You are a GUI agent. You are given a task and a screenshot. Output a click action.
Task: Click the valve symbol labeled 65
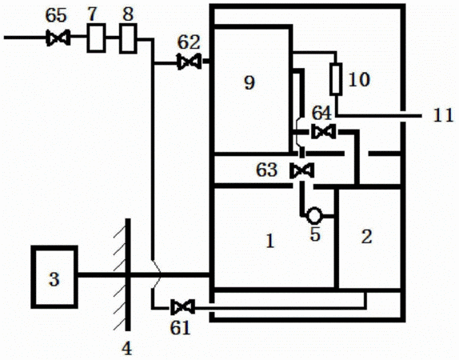(x=58, y=38)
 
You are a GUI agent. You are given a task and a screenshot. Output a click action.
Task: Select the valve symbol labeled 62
(x=190, y=62)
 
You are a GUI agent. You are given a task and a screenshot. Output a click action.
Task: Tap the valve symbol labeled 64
(x=324, y=131)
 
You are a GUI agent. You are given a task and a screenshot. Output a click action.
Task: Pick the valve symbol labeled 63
(x=301, y=170)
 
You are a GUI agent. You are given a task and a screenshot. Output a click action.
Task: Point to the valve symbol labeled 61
(x=182, y=307)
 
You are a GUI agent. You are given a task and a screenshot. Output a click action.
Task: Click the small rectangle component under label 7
(x=96, y=38)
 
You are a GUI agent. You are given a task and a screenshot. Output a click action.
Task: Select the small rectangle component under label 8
(x=128, y=38)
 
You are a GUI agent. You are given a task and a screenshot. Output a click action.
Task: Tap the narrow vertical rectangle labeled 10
(x=336, y=79)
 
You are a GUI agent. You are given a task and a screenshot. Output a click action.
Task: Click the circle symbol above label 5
(x=314, y=215)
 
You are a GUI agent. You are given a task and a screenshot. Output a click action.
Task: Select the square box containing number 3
(x=54, y=277)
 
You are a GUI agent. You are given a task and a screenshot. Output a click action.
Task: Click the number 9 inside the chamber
(x=249, y=82)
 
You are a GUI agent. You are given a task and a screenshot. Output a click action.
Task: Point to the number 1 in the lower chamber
(x=270, y=241)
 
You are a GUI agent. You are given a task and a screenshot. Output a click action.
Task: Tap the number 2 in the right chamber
(x=366, y=237)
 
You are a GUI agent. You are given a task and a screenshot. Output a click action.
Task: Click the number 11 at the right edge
(x=443, y=115)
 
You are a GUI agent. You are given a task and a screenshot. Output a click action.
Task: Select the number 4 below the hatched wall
(x=126, y=348)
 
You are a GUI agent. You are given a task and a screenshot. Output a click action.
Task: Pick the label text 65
(x=56, y=15)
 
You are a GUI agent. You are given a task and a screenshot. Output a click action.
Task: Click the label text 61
(x=181, y=327)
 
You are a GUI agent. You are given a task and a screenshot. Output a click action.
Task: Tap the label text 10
(x=359, y=79)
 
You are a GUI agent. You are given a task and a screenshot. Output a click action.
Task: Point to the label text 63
(x=266, y=170)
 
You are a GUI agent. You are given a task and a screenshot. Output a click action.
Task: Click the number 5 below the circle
(x=315, y=234)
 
